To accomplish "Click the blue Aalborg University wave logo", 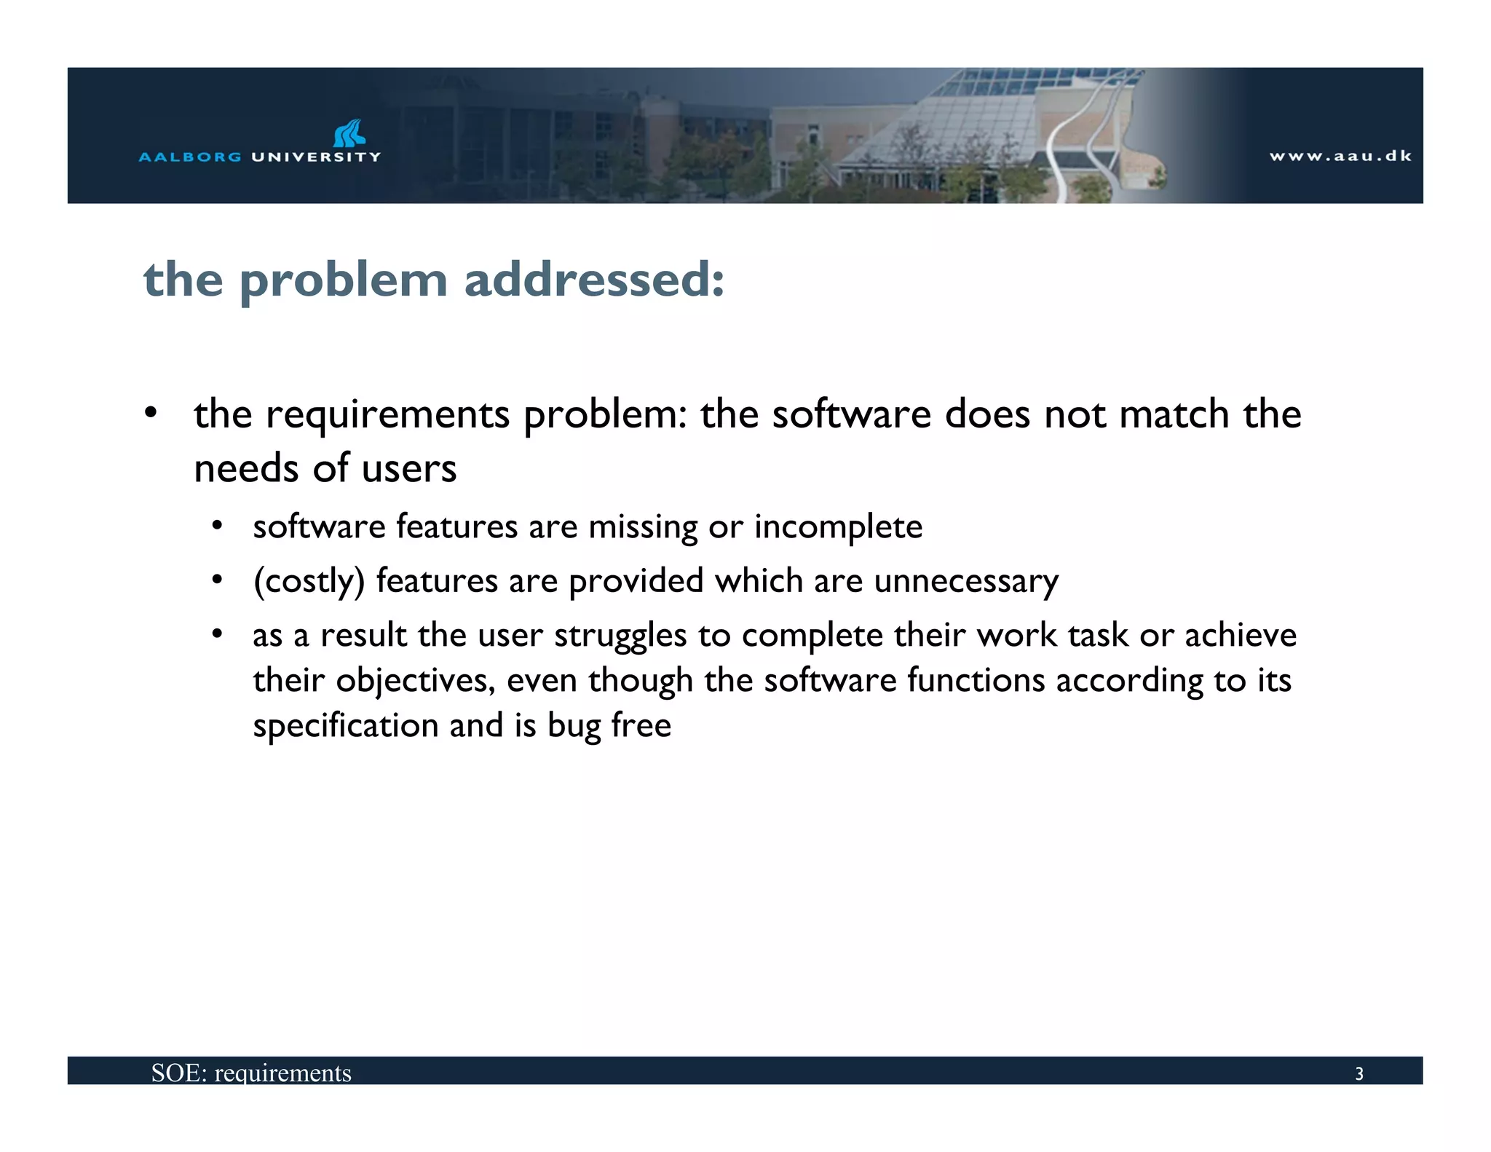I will point(349,133).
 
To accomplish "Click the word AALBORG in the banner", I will point(190,157).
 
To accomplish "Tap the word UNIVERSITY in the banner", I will point(316,157).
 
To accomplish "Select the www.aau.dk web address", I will point(1340,156).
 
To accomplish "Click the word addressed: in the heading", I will point(595,280).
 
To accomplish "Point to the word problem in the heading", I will point(343,281).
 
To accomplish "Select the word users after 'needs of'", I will point(409,468).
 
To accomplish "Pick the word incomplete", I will point(838,527).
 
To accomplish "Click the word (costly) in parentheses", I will point(309,582).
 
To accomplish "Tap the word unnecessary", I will point(966,582).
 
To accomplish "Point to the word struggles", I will point(620,636).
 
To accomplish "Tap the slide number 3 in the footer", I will point(1358,1073).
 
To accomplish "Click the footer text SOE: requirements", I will point(251,1073).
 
